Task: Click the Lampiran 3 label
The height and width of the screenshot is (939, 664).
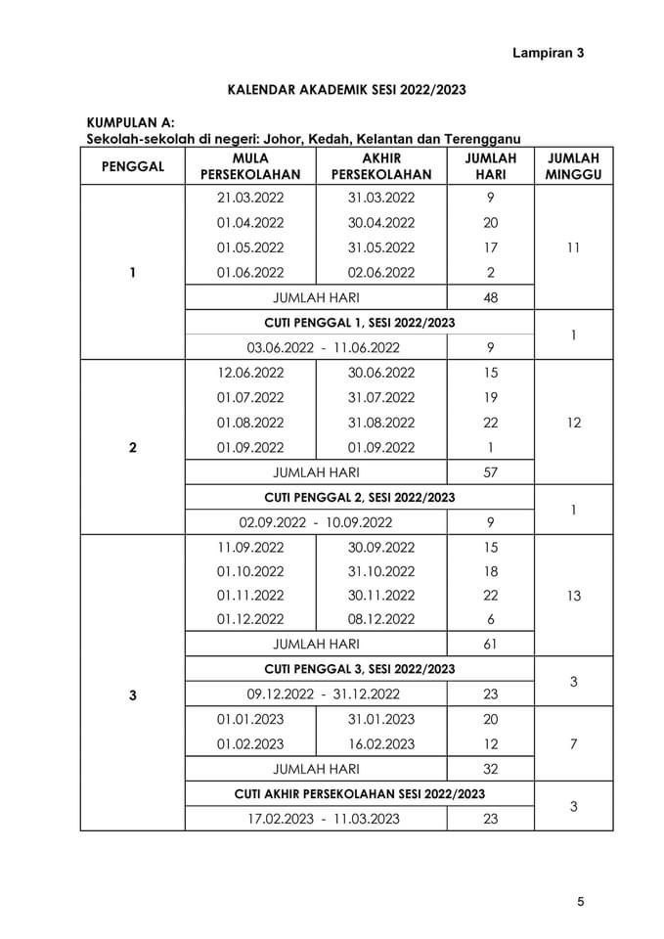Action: coord(548,54)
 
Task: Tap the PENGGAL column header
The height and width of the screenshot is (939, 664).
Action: coord(133,166)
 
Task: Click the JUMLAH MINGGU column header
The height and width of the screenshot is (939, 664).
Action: coord(573,166)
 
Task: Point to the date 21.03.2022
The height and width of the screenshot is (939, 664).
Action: coord(250,198)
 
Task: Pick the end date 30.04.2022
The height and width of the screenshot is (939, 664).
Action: coord(381,222)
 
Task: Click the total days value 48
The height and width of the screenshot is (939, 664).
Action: coord(490,297)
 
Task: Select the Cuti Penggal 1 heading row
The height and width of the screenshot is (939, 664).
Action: coord(360,322)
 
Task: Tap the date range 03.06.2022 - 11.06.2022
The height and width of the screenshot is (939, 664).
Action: coord(316,347)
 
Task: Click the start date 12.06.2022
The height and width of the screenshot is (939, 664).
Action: coord(250,373)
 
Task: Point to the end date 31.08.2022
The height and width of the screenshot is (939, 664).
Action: coord(381,423)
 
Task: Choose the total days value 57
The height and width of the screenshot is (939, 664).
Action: coord(490,472)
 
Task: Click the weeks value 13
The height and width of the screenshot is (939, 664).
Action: coord(573,595)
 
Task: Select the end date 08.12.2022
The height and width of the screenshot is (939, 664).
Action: coord(381,619)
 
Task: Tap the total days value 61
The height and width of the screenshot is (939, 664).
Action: coord(490,645)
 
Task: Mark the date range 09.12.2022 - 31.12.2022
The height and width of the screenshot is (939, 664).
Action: coord(316,694)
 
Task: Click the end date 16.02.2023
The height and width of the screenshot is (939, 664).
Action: coord(381,743)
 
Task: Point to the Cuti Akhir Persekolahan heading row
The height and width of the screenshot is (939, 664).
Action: coord(360,793)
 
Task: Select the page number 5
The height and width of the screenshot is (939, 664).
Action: coord(580,902)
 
